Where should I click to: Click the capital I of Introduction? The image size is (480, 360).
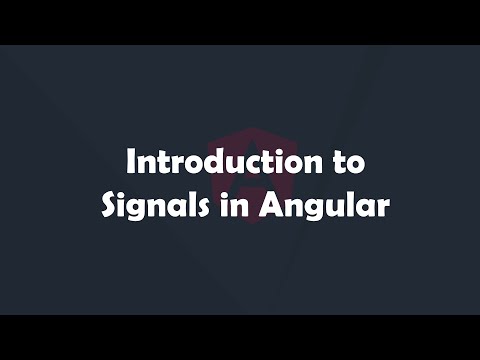(127, 160)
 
